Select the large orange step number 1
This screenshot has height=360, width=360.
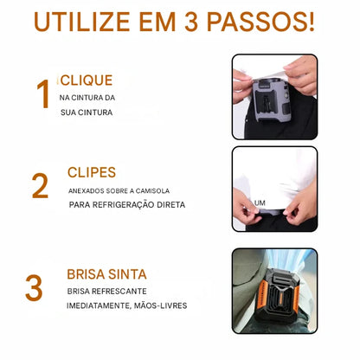[x=42, y=95]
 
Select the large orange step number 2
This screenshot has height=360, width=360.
[x=40, y=186]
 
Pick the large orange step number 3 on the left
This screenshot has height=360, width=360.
[x=34, y=288]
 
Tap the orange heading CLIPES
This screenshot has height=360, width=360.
[x=91, y=172]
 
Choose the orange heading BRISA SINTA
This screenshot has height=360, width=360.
[x=106, y=274]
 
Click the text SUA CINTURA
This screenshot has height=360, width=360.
[x=86, y=112]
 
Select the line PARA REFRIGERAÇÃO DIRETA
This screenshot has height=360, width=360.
[x=127, y=205]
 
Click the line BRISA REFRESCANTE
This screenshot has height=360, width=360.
[x=106, y=292]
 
